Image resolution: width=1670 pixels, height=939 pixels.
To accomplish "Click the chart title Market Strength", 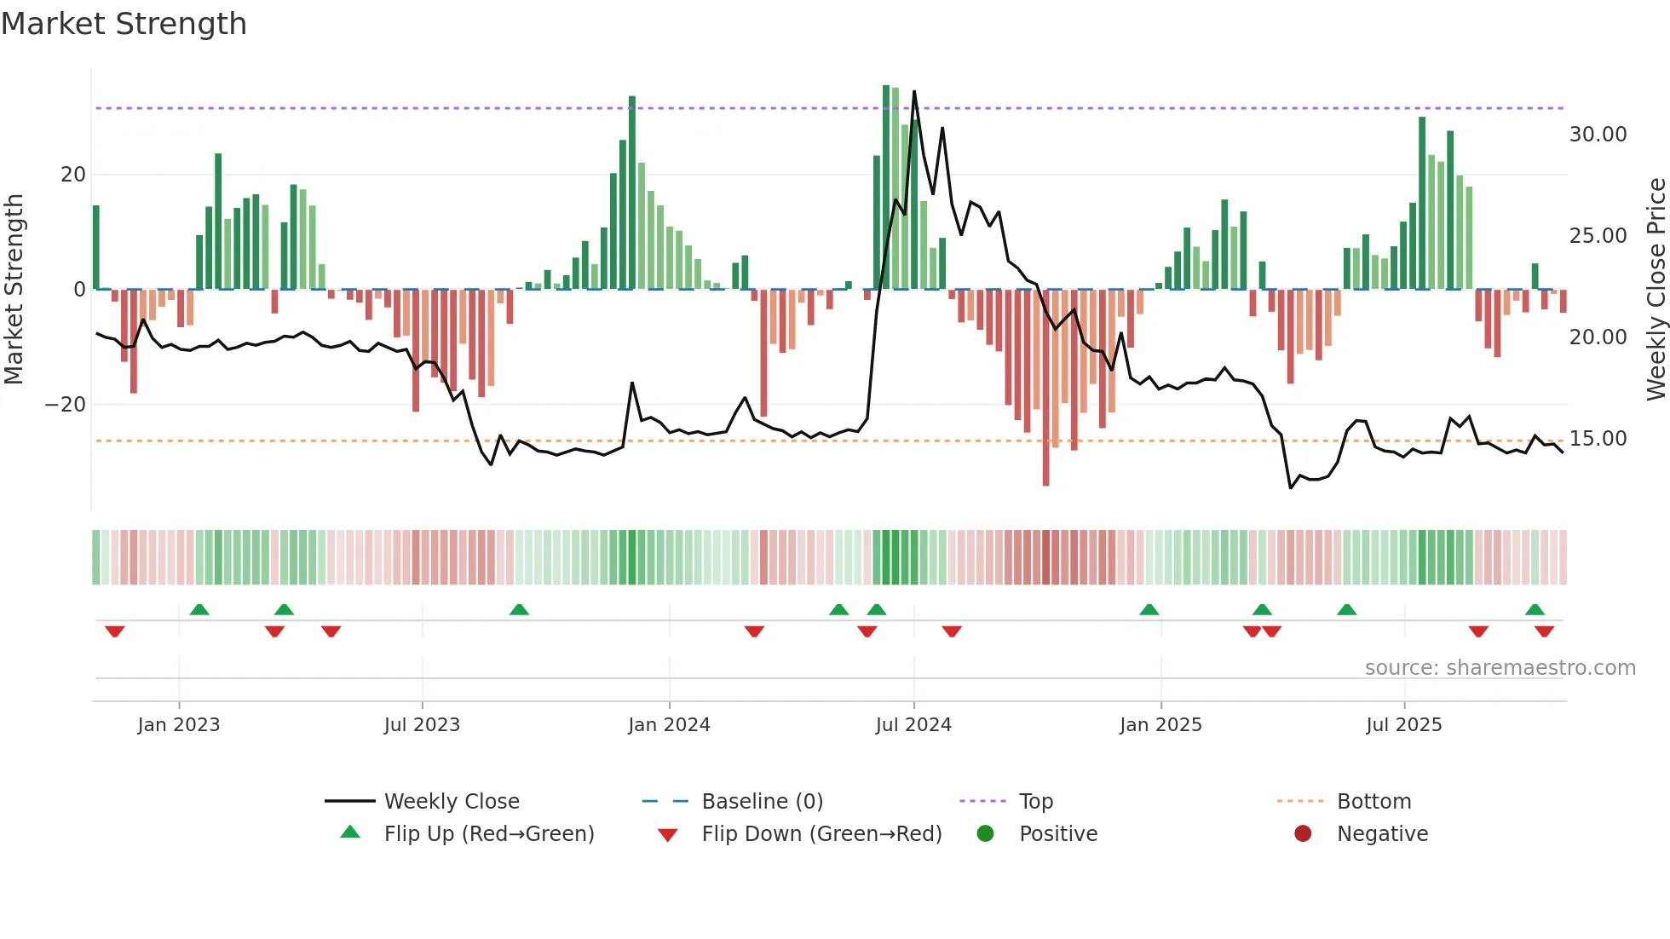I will pyautogui.click(x=124, y=24).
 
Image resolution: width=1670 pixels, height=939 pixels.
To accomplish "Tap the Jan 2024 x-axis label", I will pyautogui.click(x=669, y=725).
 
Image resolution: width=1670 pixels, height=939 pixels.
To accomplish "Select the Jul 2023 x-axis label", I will pyautogui.click(x=422, y=725).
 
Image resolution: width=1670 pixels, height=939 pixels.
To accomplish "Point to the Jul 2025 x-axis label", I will pyautogui.click(x=1403, y=725).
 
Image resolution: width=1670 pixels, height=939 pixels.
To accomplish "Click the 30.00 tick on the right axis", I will pyautogui.click(x=1598, y=135).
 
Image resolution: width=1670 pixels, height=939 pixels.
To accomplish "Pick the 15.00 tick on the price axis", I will pyautogui.click(x=1598, y=439).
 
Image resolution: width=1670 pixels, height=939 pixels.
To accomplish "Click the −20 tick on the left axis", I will pyautogui.click(x=66, y=405).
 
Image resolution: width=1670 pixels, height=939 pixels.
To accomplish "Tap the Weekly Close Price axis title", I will pyautogui.click(x=1656, y=290).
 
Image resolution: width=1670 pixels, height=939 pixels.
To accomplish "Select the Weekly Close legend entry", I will pyautogui.click(x=451, y=802).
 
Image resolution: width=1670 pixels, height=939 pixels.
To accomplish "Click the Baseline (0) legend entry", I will pyautogui.click(x=762, y=802).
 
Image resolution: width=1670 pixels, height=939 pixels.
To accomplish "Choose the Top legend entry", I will pyautogui.click(x=1035, y=802).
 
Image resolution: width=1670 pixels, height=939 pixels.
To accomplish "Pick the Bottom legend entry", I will pyautogui.click(x=1373, y=802).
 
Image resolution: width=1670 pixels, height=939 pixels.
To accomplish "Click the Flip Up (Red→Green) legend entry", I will pyautogui.click(x=488, y=834).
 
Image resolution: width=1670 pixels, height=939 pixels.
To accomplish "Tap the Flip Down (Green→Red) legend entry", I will pyautogui.click(x=821, y=834).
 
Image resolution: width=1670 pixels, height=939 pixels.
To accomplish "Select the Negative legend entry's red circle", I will pyautogui.click(x=1303, y=833).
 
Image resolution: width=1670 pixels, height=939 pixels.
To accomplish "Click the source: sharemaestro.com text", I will pyautogui.click(x=1500, y=668).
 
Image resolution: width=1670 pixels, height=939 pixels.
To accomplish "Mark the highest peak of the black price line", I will pyautogui.click(x=914, y=92).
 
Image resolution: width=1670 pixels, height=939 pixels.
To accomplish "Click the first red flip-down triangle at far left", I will pyautogui.click(x=115, y=631).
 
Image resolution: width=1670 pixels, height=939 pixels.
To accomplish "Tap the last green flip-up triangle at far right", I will pyautogui.click(x=1535, y=609).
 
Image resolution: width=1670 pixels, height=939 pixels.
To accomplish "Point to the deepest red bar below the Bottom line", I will pyautogui.click(x=1045, y=477).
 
